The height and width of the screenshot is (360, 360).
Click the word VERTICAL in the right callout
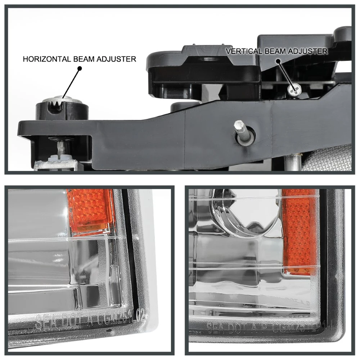click(243, 51)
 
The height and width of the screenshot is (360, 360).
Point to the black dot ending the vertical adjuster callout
click(278, 61)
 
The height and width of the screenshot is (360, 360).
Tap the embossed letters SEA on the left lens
click(45, 320)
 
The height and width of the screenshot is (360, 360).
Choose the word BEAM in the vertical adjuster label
click(275, 51)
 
